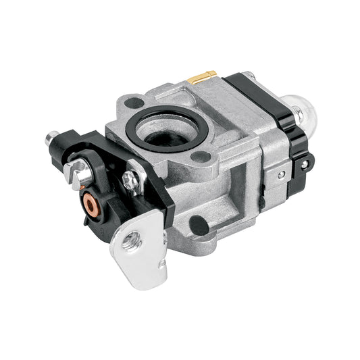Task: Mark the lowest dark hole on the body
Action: click(x=199, y=224)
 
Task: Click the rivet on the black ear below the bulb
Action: click(x=309, y=163)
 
